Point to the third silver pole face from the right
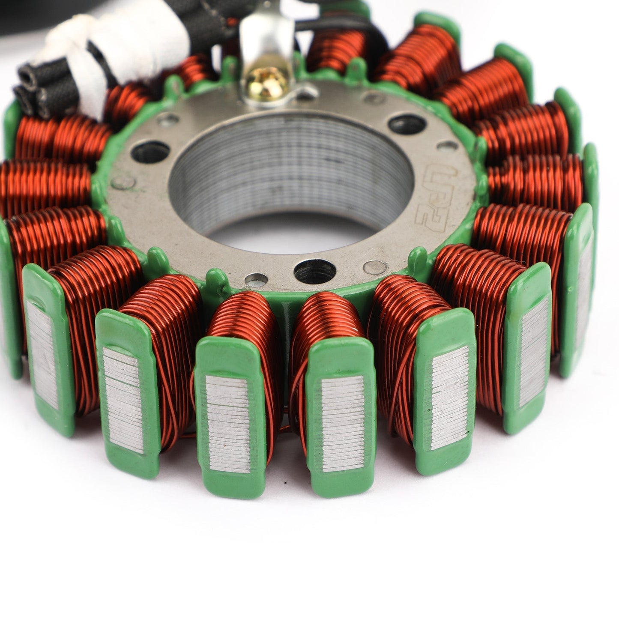[450, 396]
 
